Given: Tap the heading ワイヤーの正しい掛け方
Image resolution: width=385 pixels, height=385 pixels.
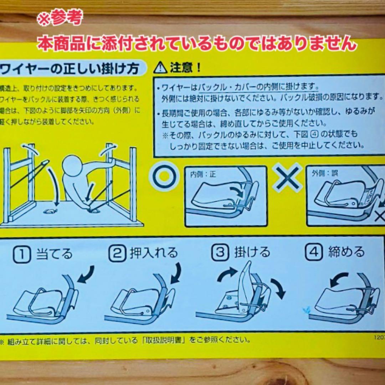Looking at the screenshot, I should click(x=70, y=68).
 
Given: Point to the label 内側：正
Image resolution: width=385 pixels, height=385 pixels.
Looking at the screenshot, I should click(x=203, y=174).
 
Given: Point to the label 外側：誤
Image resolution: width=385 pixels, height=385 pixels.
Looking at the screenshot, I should click(x=325, y=174).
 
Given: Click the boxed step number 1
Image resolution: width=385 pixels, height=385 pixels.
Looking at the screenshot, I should click(x=21, y=253).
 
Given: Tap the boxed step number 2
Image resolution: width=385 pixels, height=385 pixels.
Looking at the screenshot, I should click(x=117, y=253).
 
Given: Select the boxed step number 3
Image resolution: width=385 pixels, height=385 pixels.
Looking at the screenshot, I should click(x=220, y=252).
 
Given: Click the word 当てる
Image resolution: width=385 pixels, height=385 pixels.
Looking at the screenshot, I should click(x=54, y=253).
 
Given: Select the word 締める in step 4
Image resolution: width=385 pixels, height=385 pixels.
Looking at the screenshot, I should click(x=346, y=252).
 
